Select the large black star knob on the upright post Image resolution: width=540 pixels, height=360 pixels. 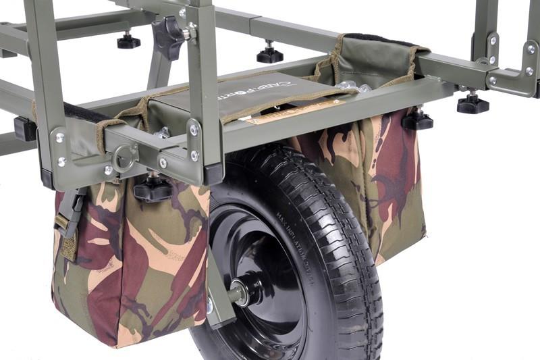coord(167,35)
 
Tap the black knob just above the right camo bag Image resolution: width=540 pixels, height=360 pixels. coord(417,120)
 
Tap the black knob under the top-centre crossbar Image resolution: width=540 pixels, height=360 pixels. coord(269,53)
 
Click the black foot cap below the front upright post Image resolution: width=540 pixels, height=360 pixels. coord(213,174)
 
